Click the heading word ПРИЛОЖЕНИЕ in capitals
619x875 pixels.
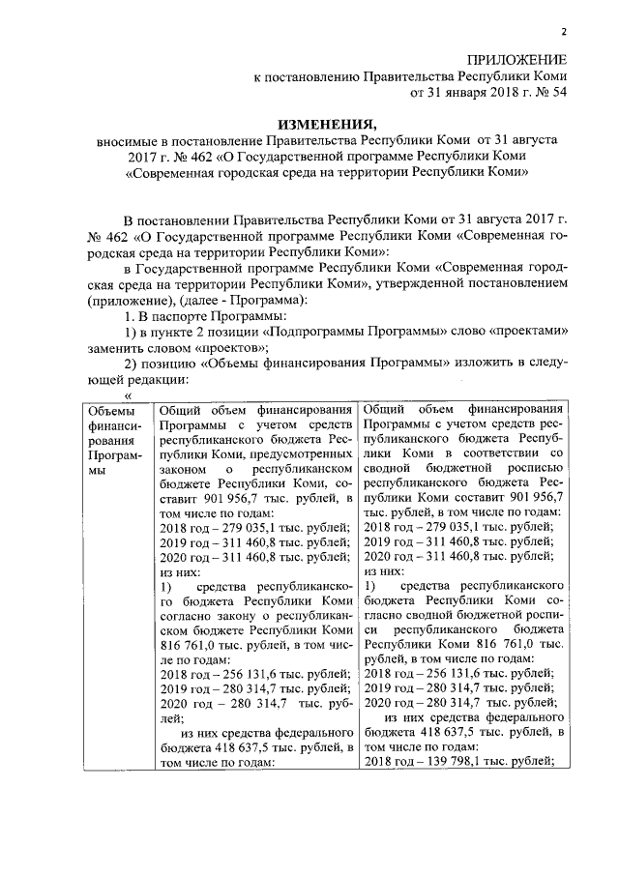pos(517,59)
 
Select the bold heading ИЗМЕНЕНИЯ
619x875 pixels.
pos(326,123)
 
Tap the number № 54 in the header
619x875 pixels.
pos(548,94)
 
